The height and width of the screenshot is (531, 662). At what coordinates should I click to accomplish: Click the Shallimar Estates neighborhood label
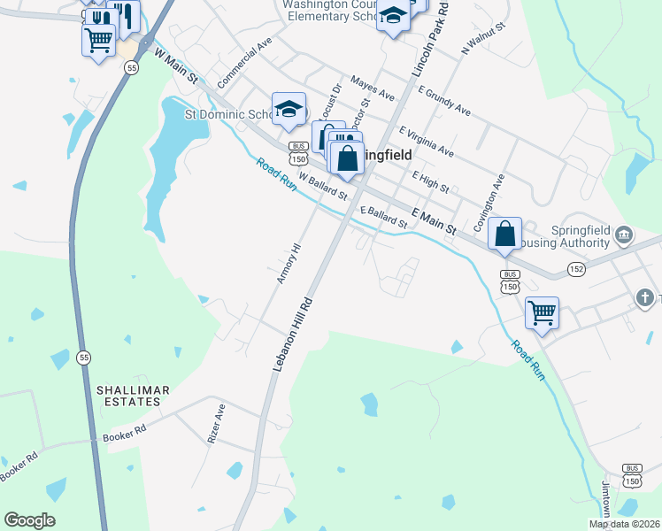pos(129,396)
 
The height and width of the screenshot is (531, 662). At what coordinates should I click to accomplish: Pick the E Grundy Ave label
pos(444,101)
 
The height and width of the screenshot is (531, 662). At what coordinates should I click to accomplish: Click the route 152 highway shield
pos(576,269)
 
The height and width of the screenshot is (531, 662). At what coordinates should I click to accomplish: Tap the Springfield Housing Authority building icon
pos(624,235)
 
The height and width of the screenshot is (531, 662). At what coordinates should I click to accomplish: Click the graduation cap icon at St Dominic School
pos(289,109)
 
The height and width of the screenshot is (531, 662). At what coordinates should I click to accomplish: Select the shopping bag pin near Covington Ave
pos(504,235)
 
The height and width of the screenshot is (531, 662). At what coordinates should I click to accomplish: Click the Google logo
pos(30,520)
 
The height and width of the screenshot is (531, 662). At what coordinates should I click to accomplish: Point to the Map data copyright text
pos(624,524)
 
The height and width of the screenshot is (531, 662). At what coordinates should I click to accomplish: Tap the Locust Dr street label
pos(330,102)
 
